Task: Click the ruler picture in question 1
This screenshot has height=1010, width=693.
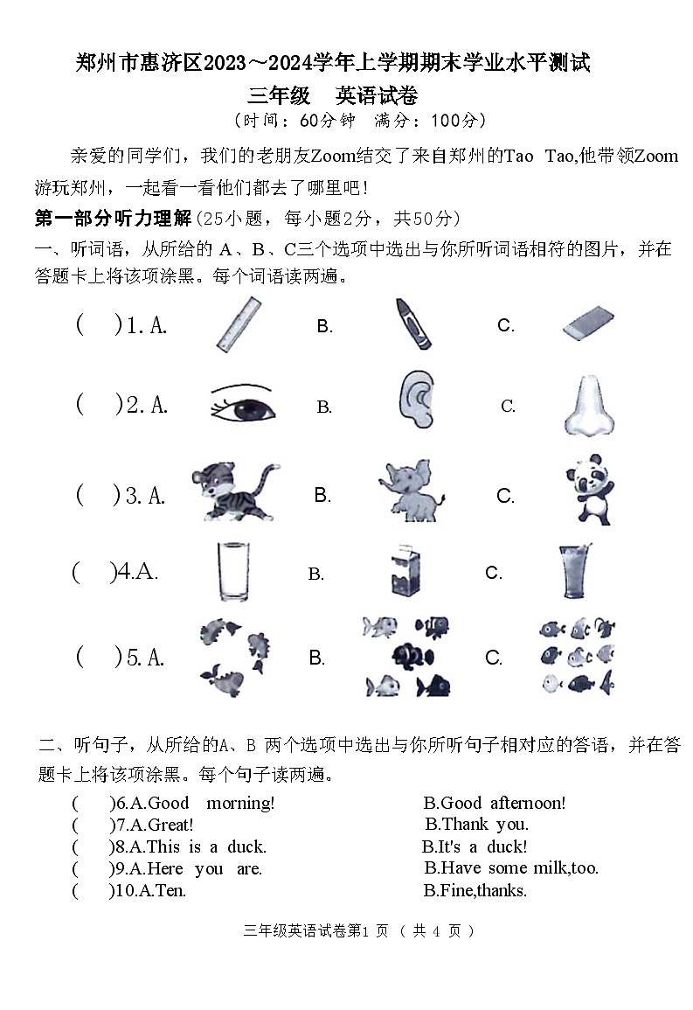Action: (239, 325)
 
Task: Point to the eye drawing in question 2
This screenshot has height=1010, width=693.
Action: (242, 405)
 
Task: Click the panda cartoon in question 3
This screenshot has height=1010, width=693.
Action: (588, 490)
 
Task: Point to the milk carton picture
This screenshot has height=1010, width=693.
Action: (405, 572)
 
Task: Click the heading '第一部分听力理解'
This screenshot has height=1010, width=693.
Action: (113, 218)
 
